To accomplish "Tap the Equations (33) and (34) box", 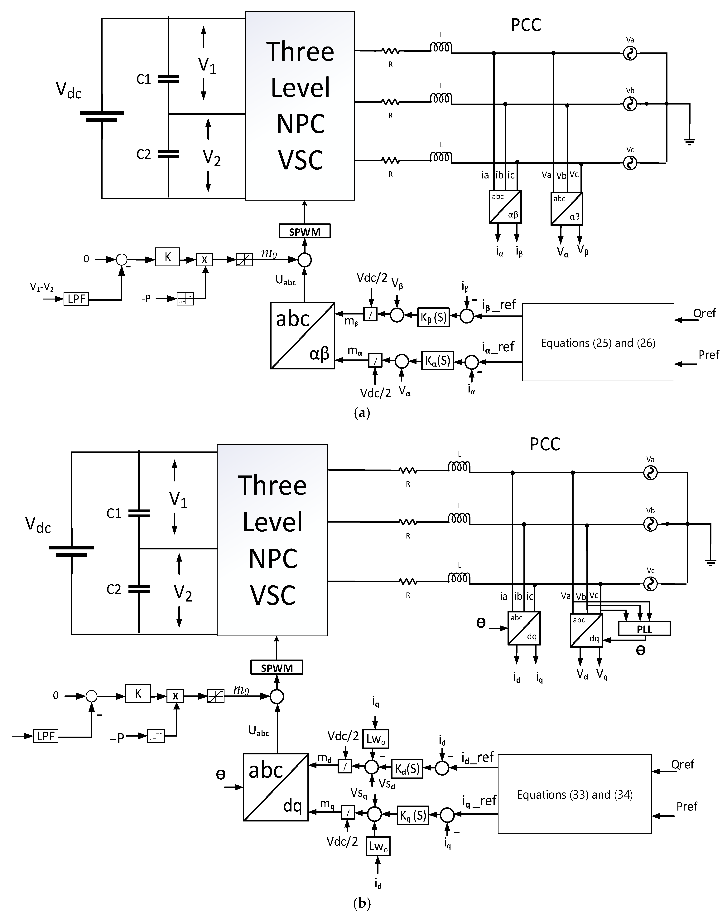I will click(x=574, y=795).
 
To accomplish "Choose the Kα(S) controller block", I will click(x=437, y=361).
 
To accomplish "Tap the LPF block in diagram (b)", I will click(x=46, y=736).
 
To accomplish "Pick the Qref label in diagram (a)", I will click(x=705, y=314).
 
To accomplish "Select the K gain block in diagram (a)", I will click(x=167, y=257).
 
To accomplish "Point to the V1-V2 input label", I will click(x=42, y=288).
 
